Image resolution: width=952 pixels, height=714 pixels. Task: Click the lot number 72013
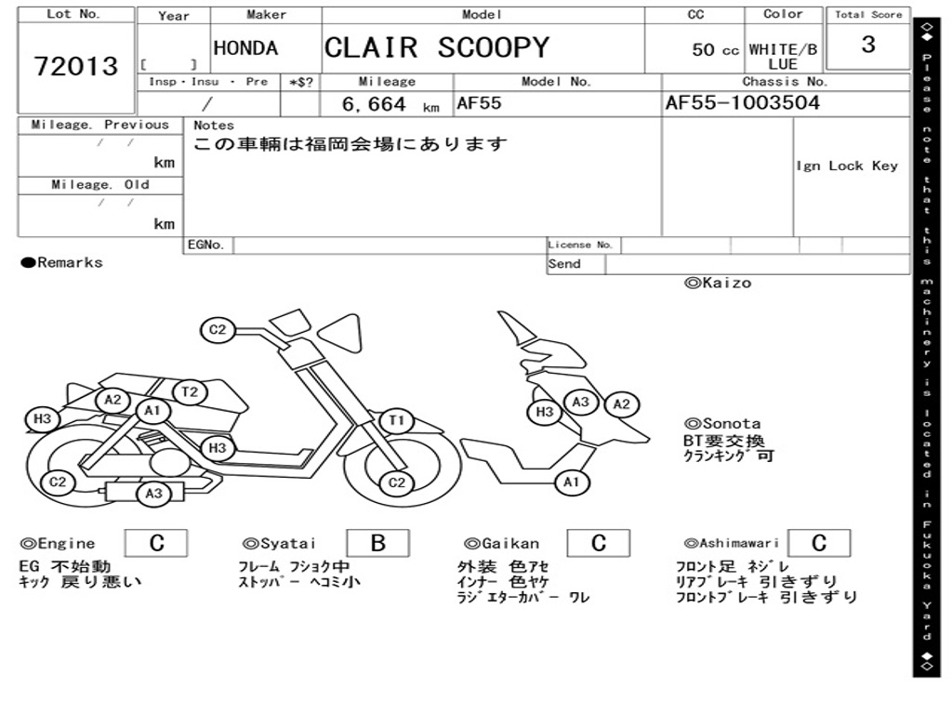point(76,66)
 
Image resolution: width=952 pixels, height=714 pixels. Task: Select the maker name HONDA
point(245,48)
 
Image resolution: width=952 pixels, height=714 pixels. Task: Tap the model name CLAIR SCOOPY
point(436,47)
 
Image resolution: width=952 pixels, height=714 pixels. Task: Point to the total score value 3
point(867,45)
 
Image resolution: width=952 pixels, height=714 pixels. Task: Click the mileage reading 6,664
point(374,104)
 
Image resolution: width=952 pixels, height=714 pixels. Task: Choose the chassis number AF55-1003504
point(742,102)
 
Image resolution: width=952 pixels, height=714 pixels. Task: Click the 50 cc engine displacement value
point(715,50)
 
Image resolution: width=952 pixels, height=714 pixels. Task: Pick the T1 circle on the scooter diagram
point(397,421)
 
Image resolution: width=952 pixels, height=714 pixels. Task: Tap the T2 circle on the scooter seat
point(190,391)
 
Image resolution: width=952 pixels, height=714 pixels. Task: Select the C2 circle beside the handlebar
point(218,329)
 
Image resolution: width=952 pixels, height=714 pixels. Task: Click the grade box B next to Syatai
point(377,543)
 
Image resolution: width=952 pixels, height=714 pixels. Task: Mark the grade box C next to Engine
point(156,543)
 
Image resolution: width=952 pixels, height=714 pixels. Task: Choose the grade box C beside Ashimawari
point(818,543)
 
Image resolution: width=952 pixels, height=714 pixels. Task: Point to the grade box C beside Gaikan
point(598,543)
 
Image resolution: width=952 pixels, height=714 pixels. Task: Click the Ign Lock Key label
point(846,165)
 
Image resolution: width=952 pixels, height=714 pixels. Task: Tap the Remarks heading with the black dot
point(62,263)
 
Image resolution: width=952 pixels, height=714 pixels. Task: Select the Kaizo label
point(718,283)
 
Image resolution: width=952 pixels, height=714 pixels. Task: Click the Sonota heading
point(722,423)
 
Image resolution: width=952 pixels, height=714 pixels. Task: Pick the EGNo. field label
point(205,245)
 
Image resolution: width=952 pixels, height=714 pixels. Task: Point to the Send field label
point(564,264)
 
